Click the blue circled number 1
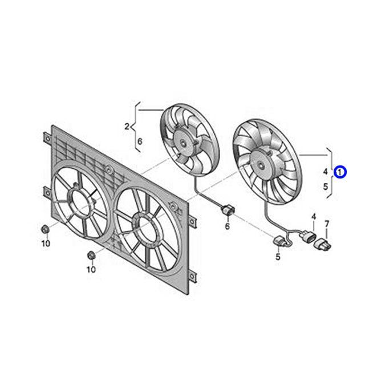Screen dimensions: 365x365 click(340, 172)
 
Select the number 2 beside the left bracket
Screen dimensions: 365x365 click(127, 127)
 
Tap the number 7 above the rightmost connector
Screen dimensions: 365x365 click(327, 224)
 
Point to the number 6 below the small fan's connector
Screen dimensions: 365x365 click(227, 226)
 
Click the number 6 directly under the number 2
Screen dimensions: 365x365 click(140, 141)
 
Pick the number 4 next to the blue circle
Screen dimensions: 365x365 click(326, 172)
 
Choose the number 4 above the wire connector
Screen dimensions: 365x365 click(314, 217)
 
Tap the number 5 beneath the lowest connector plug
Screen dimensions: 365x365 click(278, 257)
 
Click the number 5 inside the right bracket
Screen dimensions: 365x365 click(326, 186)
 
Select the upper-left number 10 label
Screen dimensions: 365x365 click(46, 244)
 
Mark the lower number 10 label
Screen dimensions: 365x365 click(91, 269)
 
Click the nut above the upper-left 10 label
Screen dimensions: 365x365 click(44, 229)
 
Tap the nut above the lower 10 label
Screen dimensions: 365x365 click(91, 255)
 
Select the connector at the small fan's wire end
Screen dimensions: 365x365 click(228, 210)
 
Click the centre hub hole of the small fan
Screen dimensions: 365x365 click(184, 144)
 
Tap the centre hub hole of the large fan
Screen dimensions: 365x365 click(261, 165)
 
